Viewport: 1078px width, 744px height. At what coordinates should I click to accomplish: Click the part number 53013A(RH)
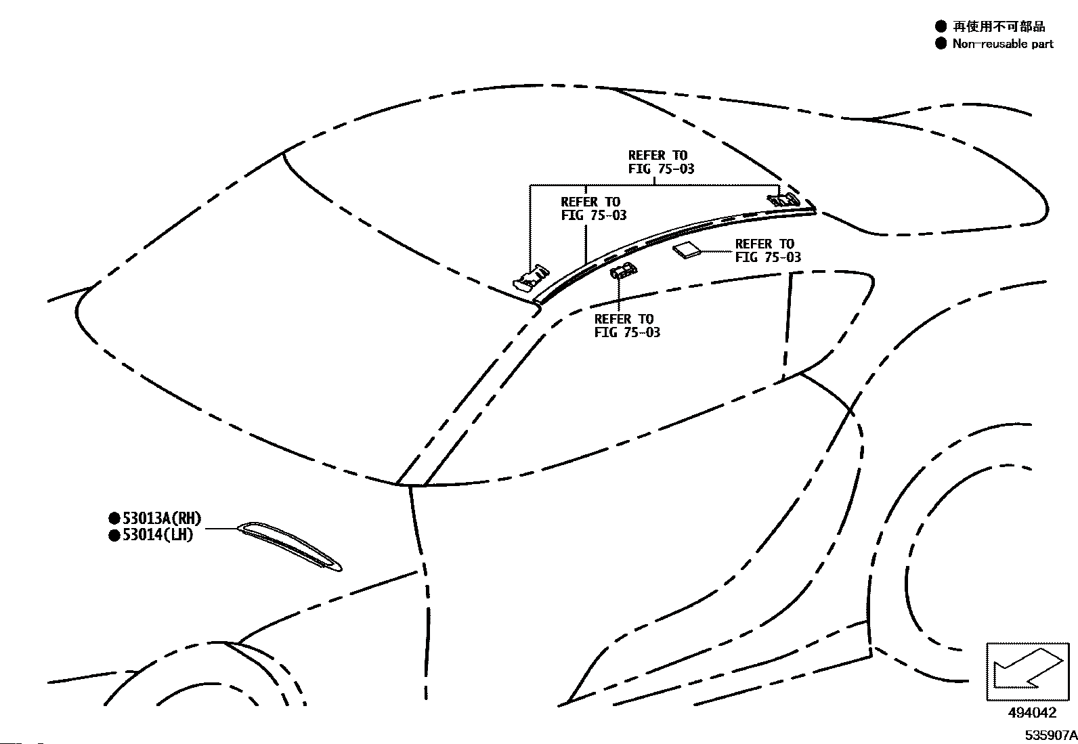163,519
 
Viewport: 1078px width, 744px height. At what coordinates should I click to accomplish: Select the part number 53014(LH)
158,535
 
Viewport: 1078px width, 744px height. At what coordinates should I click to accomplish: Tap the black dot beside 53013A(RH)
114,519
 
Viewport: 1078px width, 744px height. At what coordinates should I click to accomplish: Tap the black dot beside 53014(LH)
114,535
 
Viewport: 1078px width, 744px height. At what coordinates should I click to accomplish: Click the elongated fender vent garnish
289,547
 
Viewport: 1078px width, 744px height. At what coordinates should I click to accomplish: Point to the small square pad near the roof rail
687,250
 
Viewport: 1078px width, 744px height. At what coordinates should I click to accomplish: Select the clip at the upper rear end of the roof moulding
783,199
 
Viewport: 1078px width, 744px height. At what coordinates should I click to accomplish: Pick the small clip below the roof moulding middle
623,271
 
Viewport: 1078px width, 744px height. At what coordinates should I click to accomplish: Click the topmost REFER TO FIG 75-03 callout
662,162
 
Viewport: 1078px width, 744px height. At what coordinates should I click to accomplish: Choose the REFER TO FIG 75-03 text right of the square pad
768,250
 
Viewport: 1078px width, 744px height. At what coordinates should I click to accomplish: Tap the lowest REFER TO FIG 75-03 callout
627,326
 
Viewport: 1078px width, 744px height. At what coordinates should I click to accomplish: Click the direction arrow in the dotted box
1027,668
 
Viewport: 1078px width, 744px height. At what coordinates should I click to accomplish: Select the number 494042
1032,713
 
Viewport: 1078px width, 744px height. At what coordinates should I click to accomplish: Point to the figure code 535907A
1051,735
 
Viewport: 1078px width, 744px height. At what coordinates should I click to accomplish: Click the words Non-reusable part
1003,44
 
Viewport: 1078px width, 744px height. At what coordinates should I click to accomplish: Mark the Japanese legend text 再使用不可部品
999,26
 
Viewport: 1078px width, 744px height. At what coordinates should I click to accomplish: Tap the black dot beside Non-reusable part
941,43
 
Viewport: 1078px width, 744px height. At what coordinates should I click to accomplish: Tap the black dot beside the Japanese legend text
941,26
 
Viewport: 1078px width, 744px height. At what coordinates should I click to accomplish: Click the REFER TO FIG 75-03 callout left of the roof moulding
594,209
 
